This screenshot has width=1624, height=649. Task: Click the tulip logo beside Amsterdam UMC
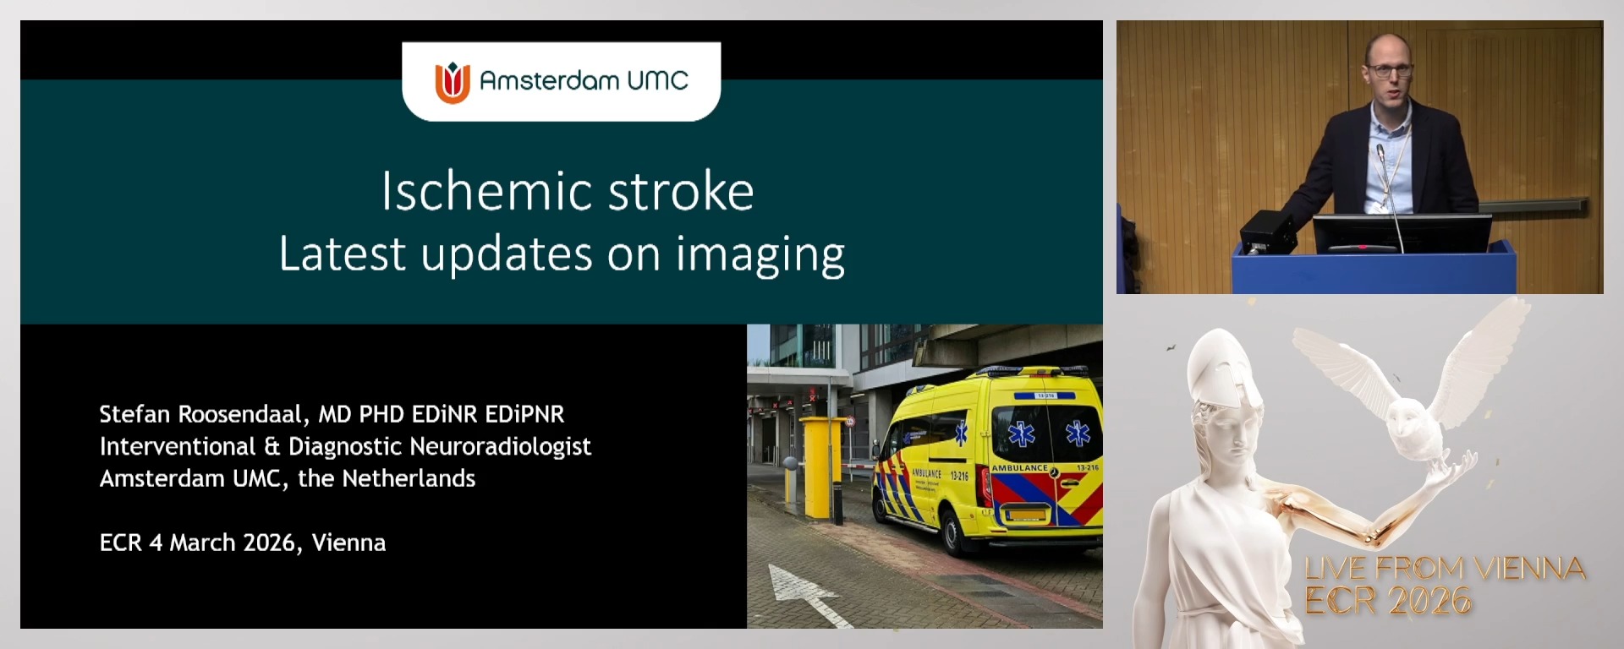pos(453,82)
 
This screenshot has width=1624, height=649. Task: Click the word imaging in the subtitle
pos(760,254)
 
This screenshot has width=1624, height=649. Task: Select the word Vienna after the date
pos(348,543)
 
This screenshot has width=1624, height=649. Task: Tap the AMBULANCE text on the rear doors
pos(1019,468)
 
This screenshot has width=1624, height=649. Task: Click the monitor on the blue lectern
pos(1402,232)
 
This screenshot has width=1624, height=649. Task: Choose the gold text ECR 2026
pos(1387,601)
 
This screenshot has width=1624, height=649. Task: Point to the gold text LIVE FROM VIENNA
pos(1445,568)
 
